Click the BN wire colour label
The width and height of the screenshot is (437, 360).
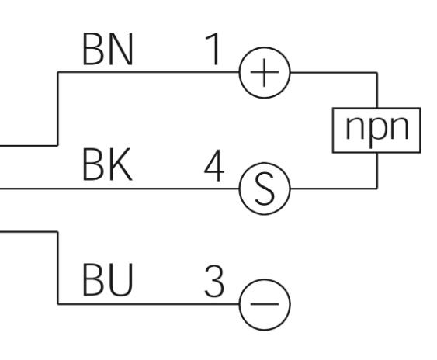(108, 49)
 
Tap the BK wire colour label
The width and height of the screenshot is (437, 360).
(107, 164)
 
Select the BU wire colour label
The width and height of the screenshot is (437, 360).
(107, 280)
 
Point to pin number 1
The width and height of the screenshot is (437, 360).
(213, 49)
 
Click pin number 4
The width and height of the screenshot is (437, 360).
(214, 165)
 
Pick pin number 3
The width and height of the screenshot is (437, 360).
(214, 281)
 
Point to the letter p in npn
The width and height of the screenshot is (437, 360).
(377, 131)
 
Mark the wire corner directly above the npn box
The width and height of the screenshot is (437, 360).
(377, 73)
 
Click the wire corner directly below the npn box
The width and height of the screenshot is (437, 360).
(377, 189)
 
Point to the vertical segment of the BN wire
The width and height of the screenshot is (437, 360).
(57, 109)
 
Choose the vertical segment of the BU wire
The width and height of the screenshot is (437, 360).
(57, 268)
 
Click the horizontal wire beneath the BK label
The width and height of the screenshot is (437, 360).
(120, 189)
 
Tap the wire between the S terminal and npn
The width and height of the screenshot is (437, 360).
(334, 189)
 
